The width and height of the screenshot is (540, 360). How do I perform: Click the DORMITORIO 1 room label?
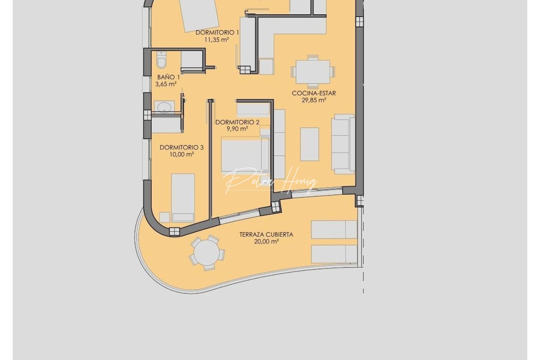point(217,32)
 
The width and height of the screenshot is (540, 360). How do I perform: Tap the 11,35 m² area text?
point(216,40)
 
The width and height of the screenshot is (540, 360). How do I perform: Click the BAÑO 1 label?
point(168,77)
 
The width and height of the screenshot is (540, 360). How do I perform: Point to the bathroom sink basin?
point(164,107)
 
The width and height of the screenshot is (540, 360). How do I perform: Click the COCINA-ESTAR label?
point(314,93)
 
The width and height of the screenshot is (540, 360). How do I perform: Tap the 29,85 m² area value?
point(314,100)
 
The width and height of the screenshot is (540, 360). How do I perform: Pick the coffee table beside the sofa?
point(309,144)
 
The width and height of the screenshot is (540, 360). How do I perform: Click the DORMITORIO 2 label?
point(237,122)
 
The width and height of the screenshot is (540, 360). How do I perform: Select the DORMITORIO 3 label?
point(182,147)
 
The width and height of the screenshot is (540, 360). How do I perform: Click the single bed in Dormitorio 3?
point(183,197)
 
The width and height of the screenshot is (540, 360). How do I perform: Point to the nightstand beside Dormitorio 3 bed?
point(164,217)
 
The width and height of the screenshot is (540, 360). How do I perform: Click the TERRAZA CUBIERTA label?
point(266,235)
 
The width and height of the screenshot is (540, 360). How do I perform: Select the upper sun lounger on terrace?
point(334,229)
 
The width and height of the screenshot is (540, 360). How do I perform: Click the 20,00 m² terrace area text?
point(266,242)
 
